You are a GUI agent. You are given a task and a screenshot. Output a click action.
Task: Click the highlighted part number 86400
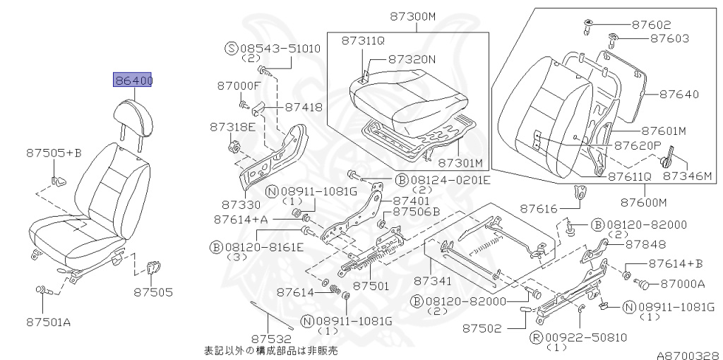[133, 80]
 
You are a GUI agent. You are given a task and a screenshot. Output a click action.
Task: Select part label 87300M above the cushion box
[412, 17]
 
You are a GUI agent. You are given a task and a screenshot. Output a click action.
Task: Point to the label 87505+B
[54, 152]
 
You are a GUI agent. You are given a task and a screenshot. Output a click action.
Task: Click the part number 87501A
[48, 322]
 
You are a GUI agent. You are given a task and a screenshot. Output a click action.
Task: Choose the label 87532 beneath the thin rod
[271, 340]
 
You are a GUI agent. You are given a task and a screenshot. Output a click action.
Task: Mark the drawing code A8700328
[689, 355]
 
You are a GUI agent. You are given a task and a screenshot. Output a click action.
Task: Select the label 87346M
[688, 176]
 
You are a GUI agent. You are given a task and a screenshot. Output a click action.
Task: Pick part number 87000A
[683, 284]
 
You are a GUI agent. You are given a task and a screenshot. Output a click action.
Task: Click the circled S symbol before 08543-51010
[231, 48]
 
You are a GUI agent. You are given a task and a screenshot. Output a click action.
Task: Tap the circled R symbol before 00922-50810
[536, 338]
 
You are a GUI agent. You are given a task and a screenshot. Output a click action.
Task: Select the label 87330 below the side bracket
[241, 204]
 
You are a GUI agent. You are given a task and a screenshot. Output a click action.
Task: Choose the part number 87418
[304, 107]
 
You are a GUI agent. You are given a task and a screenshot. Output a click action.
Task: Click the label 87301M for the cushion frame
[460, 163]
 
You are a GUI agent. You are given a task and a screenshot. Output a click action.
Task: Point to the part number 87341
[433, 280]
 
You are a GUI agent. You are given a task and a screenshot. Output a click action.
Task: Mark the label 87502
[482, 328]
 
